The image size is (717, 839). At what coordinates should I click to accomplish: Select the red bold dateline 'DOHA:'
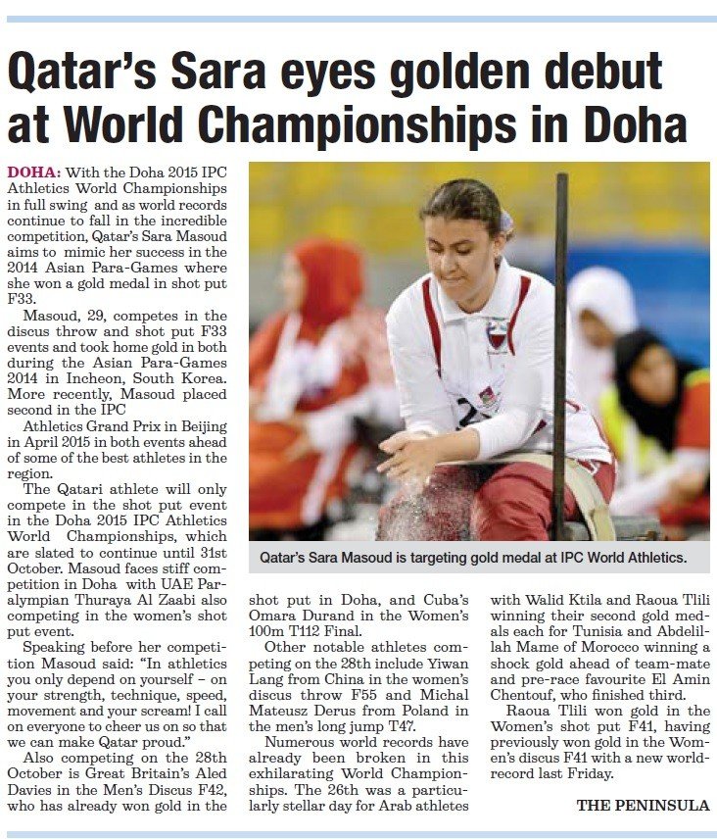click(x=32, y=171)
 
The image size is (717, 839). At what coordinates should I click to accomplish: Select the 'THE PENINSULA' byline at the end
click(x=642, y=805)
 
